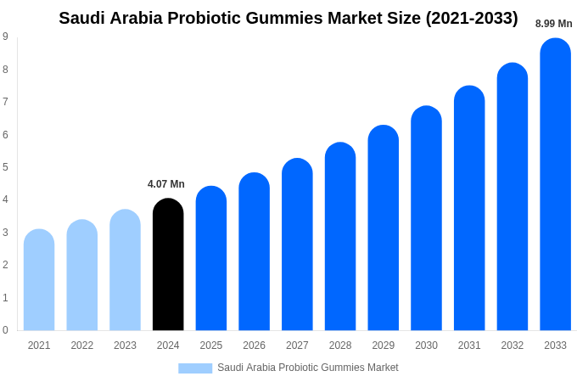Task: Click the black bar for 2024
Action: [168, 265]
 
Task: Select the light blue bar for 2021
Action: [39, 280]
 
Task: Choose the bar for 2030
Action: [426, 218]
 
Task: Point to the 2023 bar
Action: [125, 270]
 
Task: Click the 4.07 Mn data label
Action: [166, 184]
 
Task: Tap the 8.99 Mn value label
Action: [553, 24]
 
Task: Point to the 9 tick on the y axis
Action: [5, 37]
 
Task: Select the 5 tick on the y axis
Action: [5, 167]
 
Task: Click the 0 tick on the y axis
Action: [5, 330]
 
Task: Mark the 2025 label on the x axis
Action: [211, 345]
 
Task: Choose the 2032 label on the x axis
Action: [512, 345]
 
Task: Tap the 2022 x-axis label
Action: [82, 345]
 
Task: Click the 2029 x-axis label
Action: [383, 345]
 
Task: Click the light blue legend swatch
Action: [195, 368]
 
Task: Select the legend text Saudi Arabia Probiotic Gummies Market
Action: [307, 368]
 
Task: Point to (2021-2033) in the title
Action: [473, 18]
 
